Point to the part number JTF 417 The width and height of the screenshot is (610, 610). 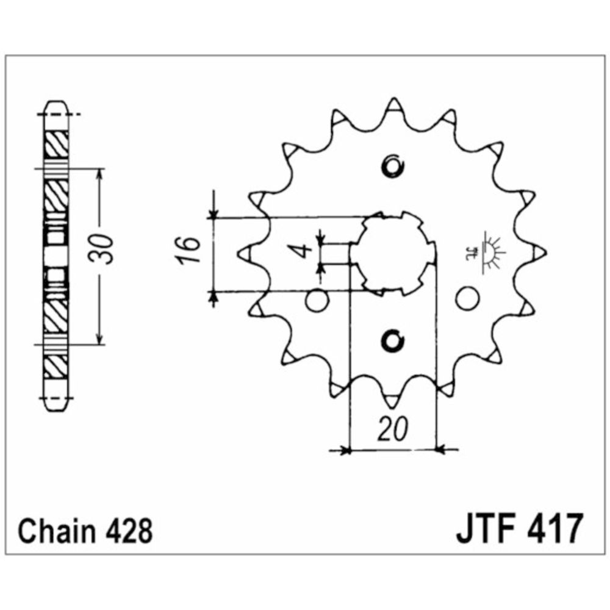click(518, 529)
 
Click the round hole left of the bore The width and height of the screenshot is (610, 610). click(317, 300)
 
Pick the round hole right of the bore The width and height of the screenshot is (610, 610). click(468, 299)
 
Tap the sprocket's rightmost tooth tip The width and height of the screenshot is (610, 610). click(540, 251)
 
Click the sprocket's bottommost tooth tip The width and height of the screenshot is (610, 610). click(392, 403)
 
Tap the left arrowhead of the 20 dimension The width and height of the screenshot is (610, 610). click(345, 451)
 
